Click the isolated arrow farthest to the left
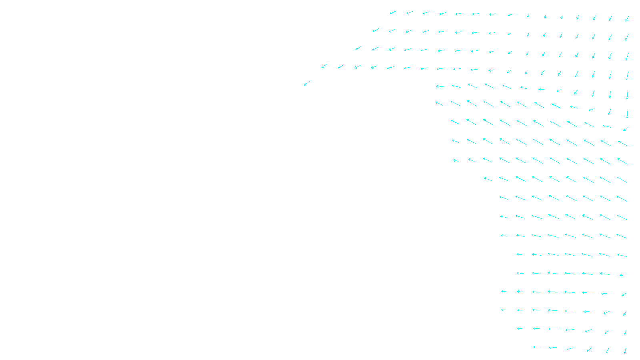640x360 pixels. (307, 83)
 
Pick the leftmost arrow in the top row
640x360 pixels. (393, 13)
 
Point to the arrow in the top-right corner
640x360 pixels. (627, 18)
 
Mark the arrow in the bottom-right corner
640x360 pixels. (625, 351)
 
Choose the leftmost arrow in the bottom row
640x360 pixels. (536, 347)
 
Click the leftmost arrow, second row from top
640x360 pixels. (376, 30)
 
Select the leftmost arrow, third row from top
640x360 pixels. (358, 48)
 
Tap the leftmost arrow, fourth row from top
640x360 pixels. (324, 66)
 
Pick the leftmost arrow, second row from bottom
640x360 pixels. (520, 329)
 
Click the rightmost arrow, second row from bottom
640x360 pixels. (625, 332)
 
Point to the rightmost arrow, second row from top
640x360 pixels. (627, 38)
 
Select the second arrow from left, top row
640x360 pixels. (410, 13)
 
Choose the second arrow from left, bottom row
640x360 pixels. (552, 348)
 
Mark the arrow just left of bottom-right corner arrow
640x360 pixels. (607, 350)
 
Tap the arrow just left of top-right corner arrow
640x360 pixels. (610, 18)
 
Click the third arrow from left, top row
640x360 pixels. (426, 13)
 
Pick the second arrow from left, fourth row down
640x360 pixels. (341, 66)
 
